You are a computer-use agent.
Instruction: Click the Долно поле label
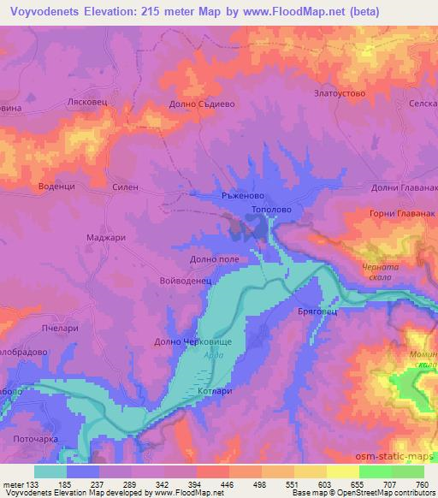214,258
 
